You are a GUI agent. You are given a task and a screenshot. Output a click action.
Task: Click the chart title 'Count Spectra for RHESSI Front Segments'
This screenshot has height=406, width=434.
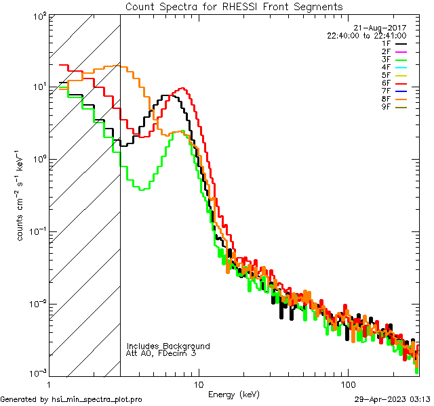234,6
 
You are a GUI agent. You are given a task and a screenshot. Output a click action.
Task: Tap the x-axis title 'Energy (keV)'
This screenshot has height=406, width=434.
234,394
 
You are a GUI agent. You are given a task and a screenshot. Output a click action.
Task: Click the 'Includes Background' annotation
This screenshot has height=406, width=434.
168,346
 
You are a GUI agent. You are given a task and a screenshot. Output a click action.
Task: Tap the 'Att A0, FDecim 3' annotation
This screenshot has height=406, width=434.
161,353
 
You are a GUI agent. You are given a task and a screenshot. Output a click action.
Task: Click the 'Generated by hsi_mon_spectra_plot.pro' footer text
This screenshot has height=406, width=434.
71,399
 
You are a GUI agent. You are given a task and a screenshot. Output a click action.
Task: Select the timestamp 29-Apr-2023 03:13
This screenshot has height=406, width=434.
393,399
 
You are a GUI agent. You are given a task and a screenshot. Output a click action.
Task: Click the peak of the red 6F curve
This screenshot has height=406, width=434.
182,89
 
